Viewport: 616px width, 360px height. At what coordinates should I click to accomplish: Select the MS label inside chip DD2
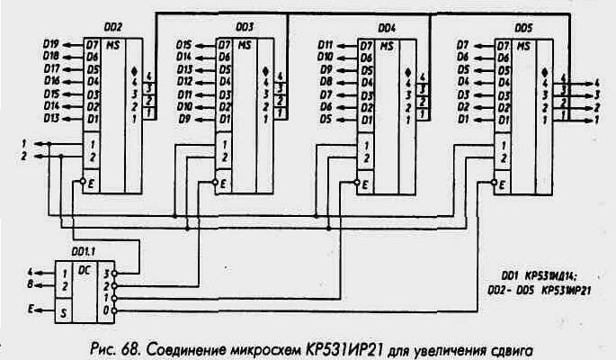[113, 44]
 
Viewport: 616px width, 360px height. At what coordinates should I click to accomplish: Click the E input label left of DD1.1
[31, 309]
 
